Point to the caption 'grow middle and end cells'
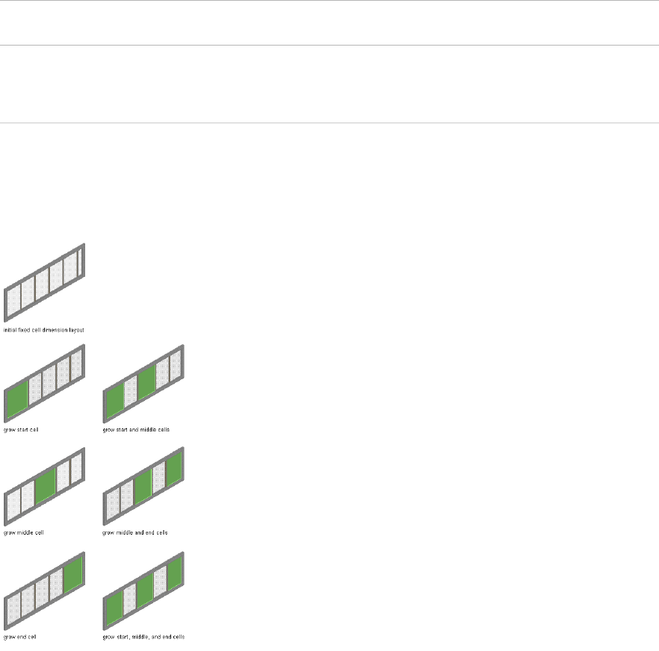click(135, 534)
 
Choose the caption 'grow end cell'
click(20, 637)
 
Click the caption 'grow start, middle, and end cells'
click(143, 637)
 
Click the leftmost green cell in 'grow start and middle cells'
click(114, 402)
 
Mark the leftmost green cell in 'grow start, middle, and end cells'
click(114, 608)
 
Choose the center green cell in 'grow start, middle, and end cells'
click(144, 591)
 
